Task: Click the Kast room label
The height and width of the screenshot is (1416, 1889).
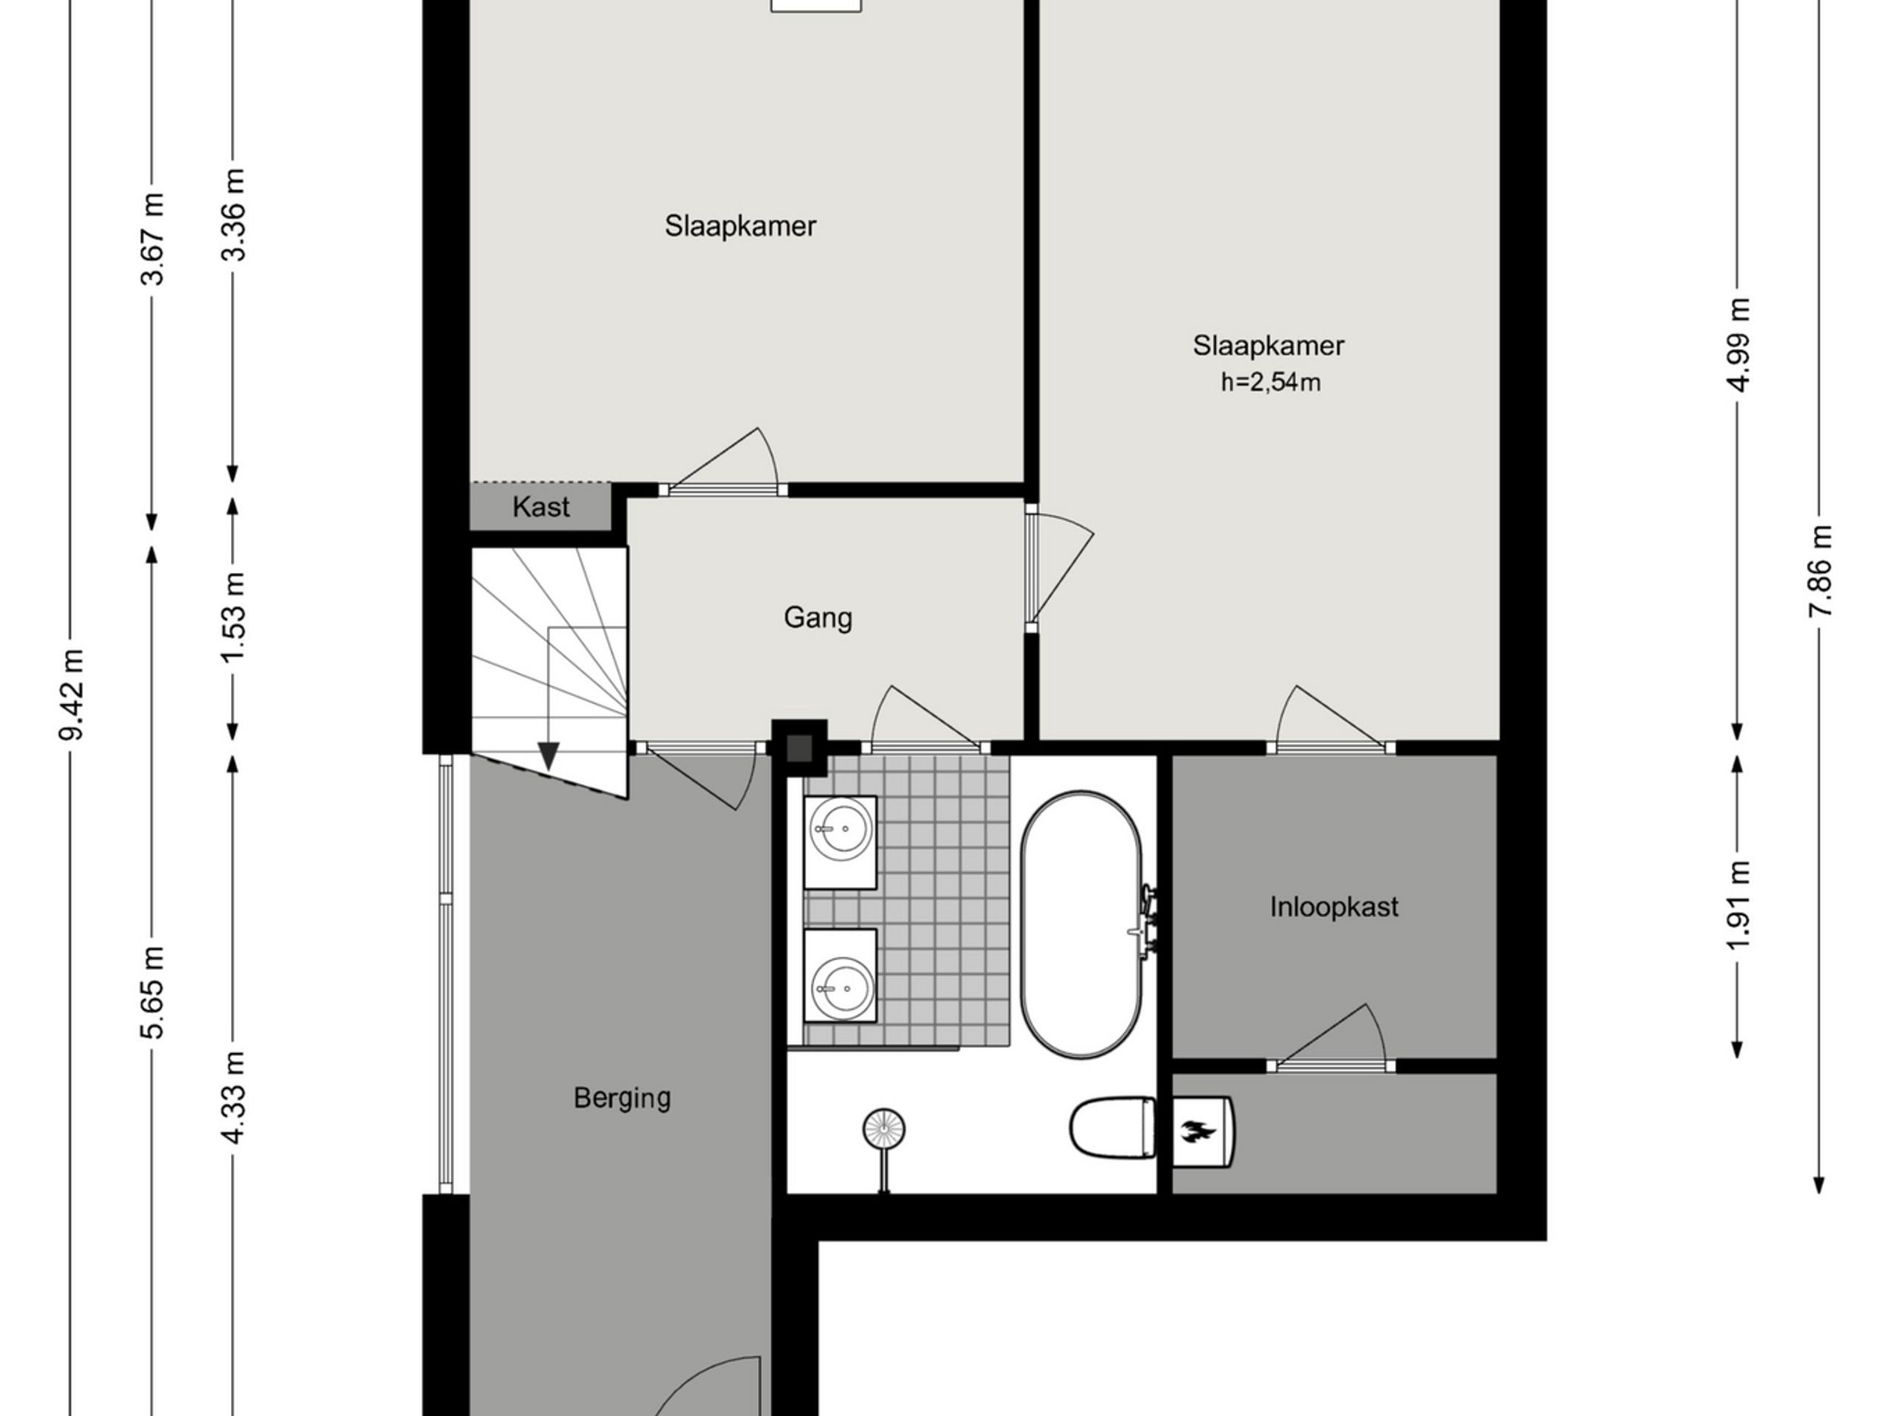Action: point(541,507)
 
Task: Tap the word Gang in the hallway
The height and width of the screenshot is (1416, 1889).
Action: point(818,618)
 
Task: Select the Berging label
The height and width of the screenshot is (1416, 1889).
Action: point(622,1097)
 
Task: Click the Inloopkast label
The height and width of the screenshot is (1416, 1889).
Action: point(1334,906)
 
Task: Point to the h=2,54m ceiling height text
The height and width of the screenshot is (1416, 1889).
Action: point(1271,382)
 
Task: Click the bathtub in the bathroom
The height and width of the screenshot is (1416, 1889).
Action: point(1082,924)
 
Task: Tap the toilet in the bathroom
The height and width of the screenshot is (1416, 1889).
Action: point(1113,1128)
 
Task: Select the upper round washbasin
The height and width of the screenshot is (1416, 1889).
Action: point(841,829)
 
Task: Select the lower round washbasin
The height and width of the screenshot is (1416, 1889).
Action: point(841,988)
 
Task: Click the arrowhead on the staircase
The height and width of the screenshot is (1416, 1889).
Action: point(548,755)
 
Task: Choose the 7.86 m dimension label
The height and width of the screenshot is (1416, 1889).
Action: point(1820,570)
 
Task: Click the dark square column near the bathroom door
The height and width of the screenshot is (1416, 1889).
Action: point(799,748)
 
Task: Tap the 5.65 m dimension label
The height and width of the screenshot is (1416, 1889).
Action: point(153,992)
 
